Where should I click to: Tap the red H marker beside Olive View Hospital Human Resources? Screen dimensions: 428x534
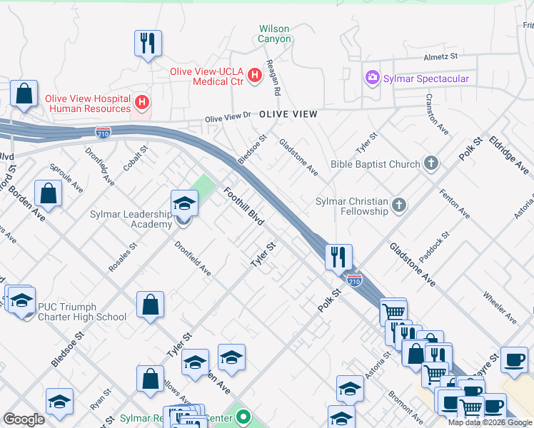142,103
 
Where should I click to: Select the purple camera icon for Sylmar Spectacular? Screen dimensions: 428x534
371,78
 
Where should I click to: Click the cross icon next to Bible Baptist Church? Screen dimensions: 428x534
430,164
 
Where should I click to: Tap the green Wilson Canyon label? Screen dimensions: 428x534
274,34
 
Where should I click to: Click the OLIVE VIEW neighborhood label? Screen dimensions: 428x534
288,114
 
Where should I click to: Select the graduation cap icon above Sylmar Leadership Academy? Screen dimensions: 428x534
184,204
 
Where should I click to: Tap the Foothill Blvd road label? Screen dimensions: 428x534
243,207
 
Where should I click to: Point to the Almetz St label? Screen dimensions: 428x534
440,56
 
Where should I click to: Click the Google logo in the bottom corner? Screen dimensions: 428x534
24,419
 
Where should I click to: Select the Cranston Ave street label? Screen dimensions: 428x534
437,114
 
